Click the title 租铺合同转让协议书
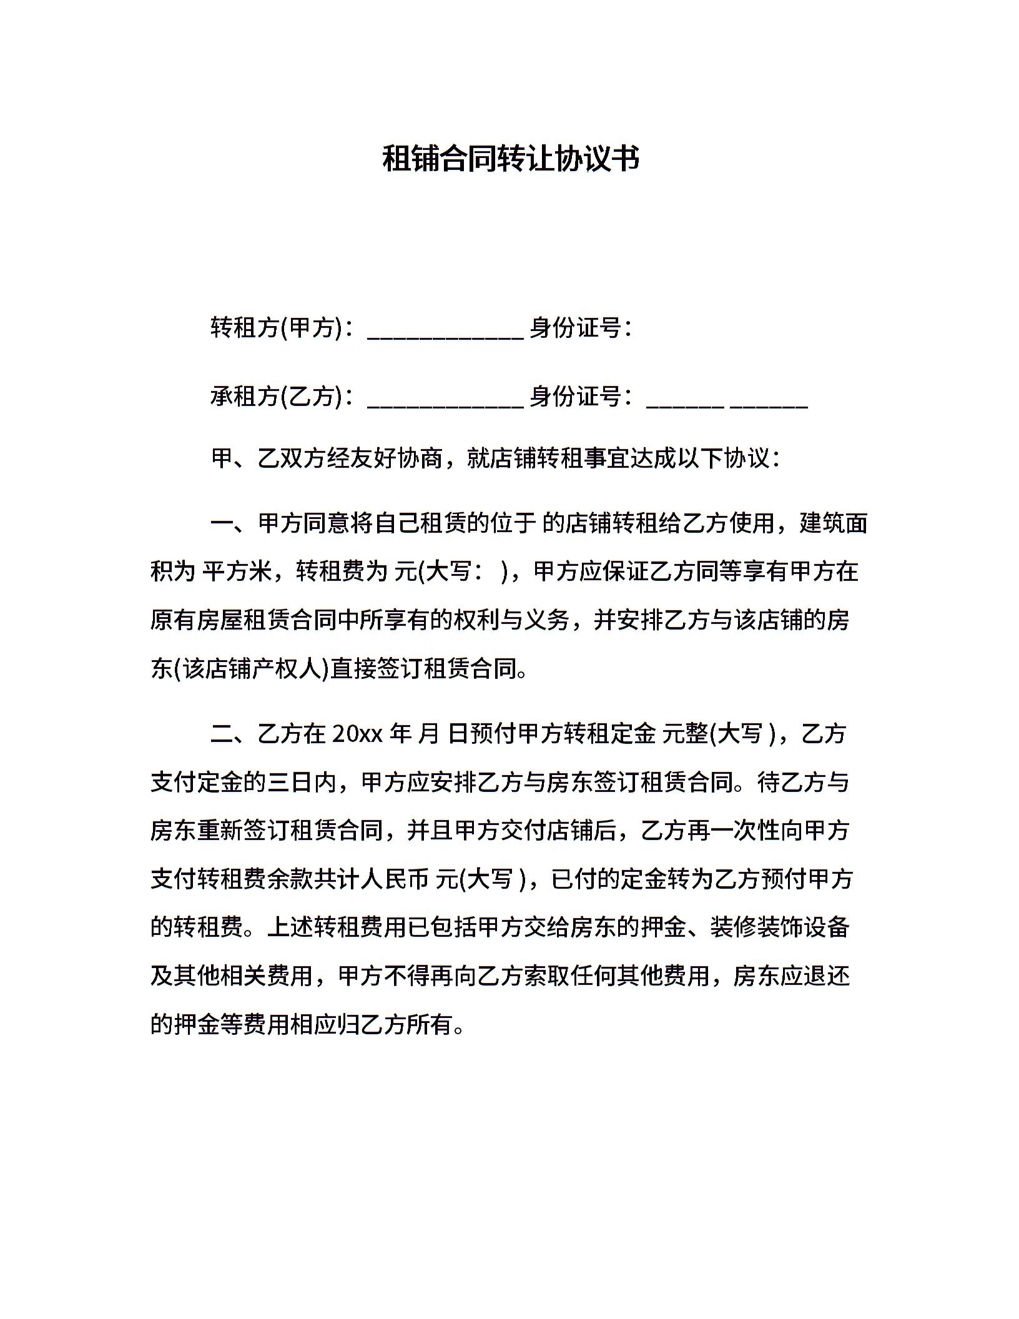[510, 159]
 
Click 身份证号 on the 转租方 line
[575, 327]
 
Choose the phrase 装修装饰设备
[780, 928]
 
